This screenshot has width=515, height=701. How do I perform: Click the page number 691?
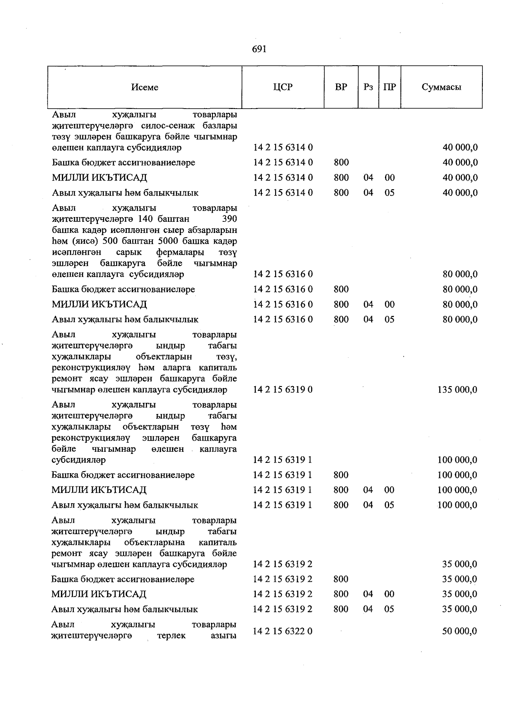pyautogui.click(x=260, y=49)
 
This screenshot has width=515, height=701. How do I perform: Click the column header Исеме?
pyautogui.click(x=145, y=87)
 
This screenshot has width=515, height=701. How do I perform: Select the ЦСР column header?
pyautogui.click(x=282, y=87)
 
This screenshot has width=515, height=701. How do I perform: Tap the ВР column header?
pyautogui.click(x=341, y=87)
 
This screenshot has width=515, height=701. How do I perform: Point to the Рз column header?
pyautogui.click(x=368, y=87)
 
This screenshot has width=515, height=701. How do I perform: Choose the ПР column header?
pyautogui.click(x=389, y=87)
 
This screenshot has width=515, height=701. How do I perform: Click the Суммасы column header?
pyautogui.click(x=441, y=87)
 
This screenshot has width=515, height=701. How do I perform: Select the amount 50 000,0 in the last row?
pyautogui.click(x=460, y=631)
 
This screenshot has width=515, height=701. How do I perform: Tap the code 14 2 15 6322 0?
pyautogui.click(x=283, y=631)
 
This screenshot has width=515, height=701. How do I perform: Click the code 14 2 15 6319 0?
pyautogui.click(x=283, y=390)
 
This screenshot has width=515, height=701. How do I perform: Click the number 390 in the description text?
pyautogui.click(x=230, y=219)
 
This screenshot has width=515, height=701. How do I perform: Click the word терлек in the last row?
pyautogui.click(x=172, y=635)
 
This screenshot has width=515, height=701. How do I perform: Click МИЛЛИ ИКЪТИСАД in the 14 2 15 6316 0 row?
pyautogui.click(x=99, y=305)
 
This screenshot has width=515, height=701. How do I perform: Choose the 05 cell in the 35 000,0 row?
pyautogui.click(x=389, y=609)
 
